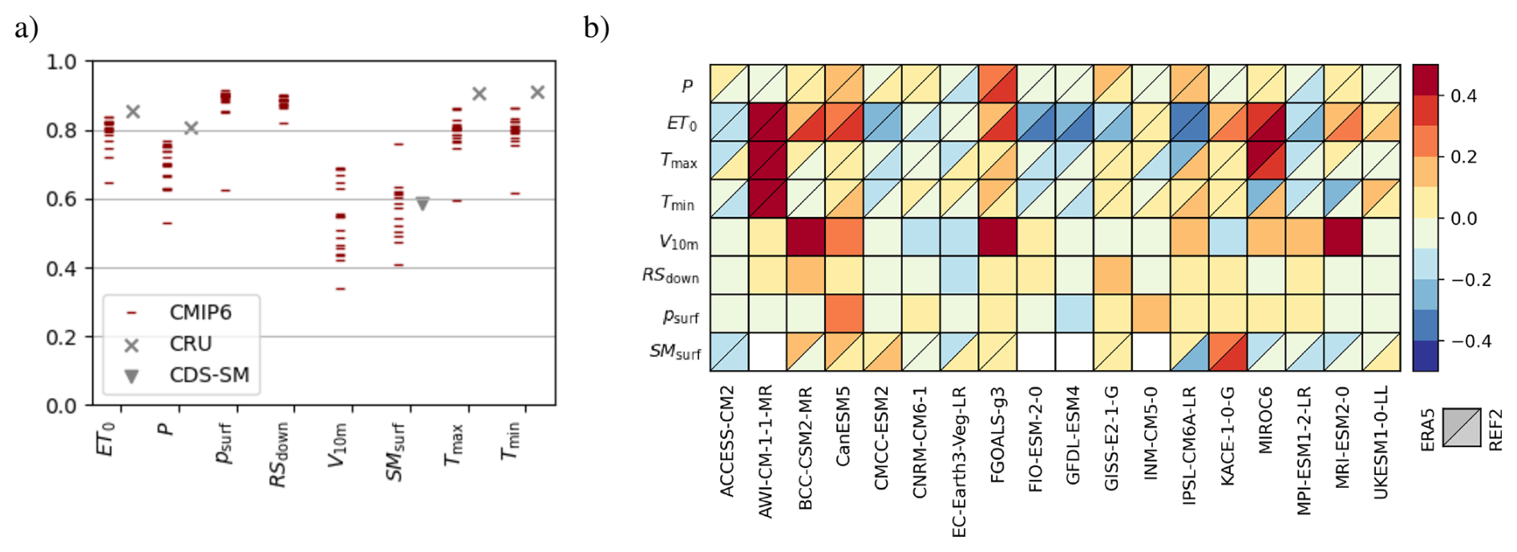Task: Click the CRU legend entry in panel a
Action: pos(190,344)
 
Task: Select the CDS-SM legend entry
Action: pos(208,375)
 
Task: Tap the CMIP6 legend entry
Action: pos(200,312)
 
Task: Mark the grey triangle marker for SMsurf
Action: pos(423,204)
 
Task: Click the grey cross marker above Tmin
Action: pos(537,93)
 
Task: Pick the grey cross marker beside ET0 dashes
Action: pos(133,111)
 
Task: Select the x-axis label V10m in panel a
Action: pos(338,445)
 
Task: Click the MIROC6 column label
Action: pos(1266,421)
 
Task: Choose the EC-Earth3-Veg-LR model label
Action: pos(959,461)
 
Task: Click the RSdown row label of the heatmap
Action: pos(670,276)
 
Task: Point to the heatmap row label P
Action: pos(687,86)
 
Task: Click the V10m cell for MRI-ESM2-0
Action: pos(1343,237)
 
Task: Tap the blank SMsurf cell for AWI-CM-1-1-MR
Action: pos(768,352)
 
